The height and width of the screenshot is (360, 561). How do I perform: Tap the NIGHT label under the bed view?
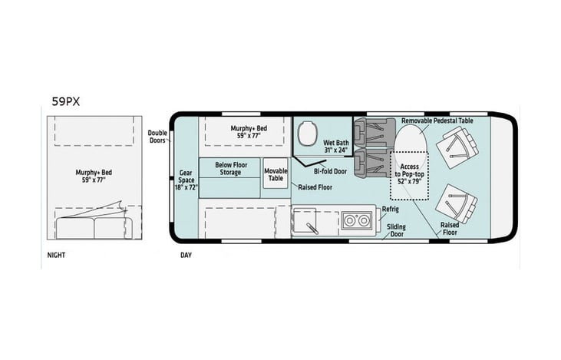click(53, 254)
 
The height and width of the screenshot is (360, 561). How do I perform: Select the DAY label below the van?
click(186, 254)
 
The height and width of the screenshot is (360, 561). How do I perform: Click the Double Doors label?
click(157, 136)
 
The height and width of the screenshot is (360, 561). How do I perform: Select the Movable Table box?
click(276, 174)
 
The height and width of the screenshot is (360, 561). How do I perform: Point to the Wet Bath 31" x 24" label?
click(335, 147)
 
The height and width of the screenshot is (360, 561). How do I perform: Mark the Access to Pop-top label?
click(410, 174)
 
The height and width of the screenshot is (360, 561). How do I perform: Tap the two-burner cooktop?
click(355, 221)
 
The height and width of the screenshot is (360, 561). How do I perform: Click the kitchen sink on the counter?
click(310, 224)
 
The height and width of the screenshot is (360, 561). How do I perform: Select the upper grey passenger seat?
click(371, 132)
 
